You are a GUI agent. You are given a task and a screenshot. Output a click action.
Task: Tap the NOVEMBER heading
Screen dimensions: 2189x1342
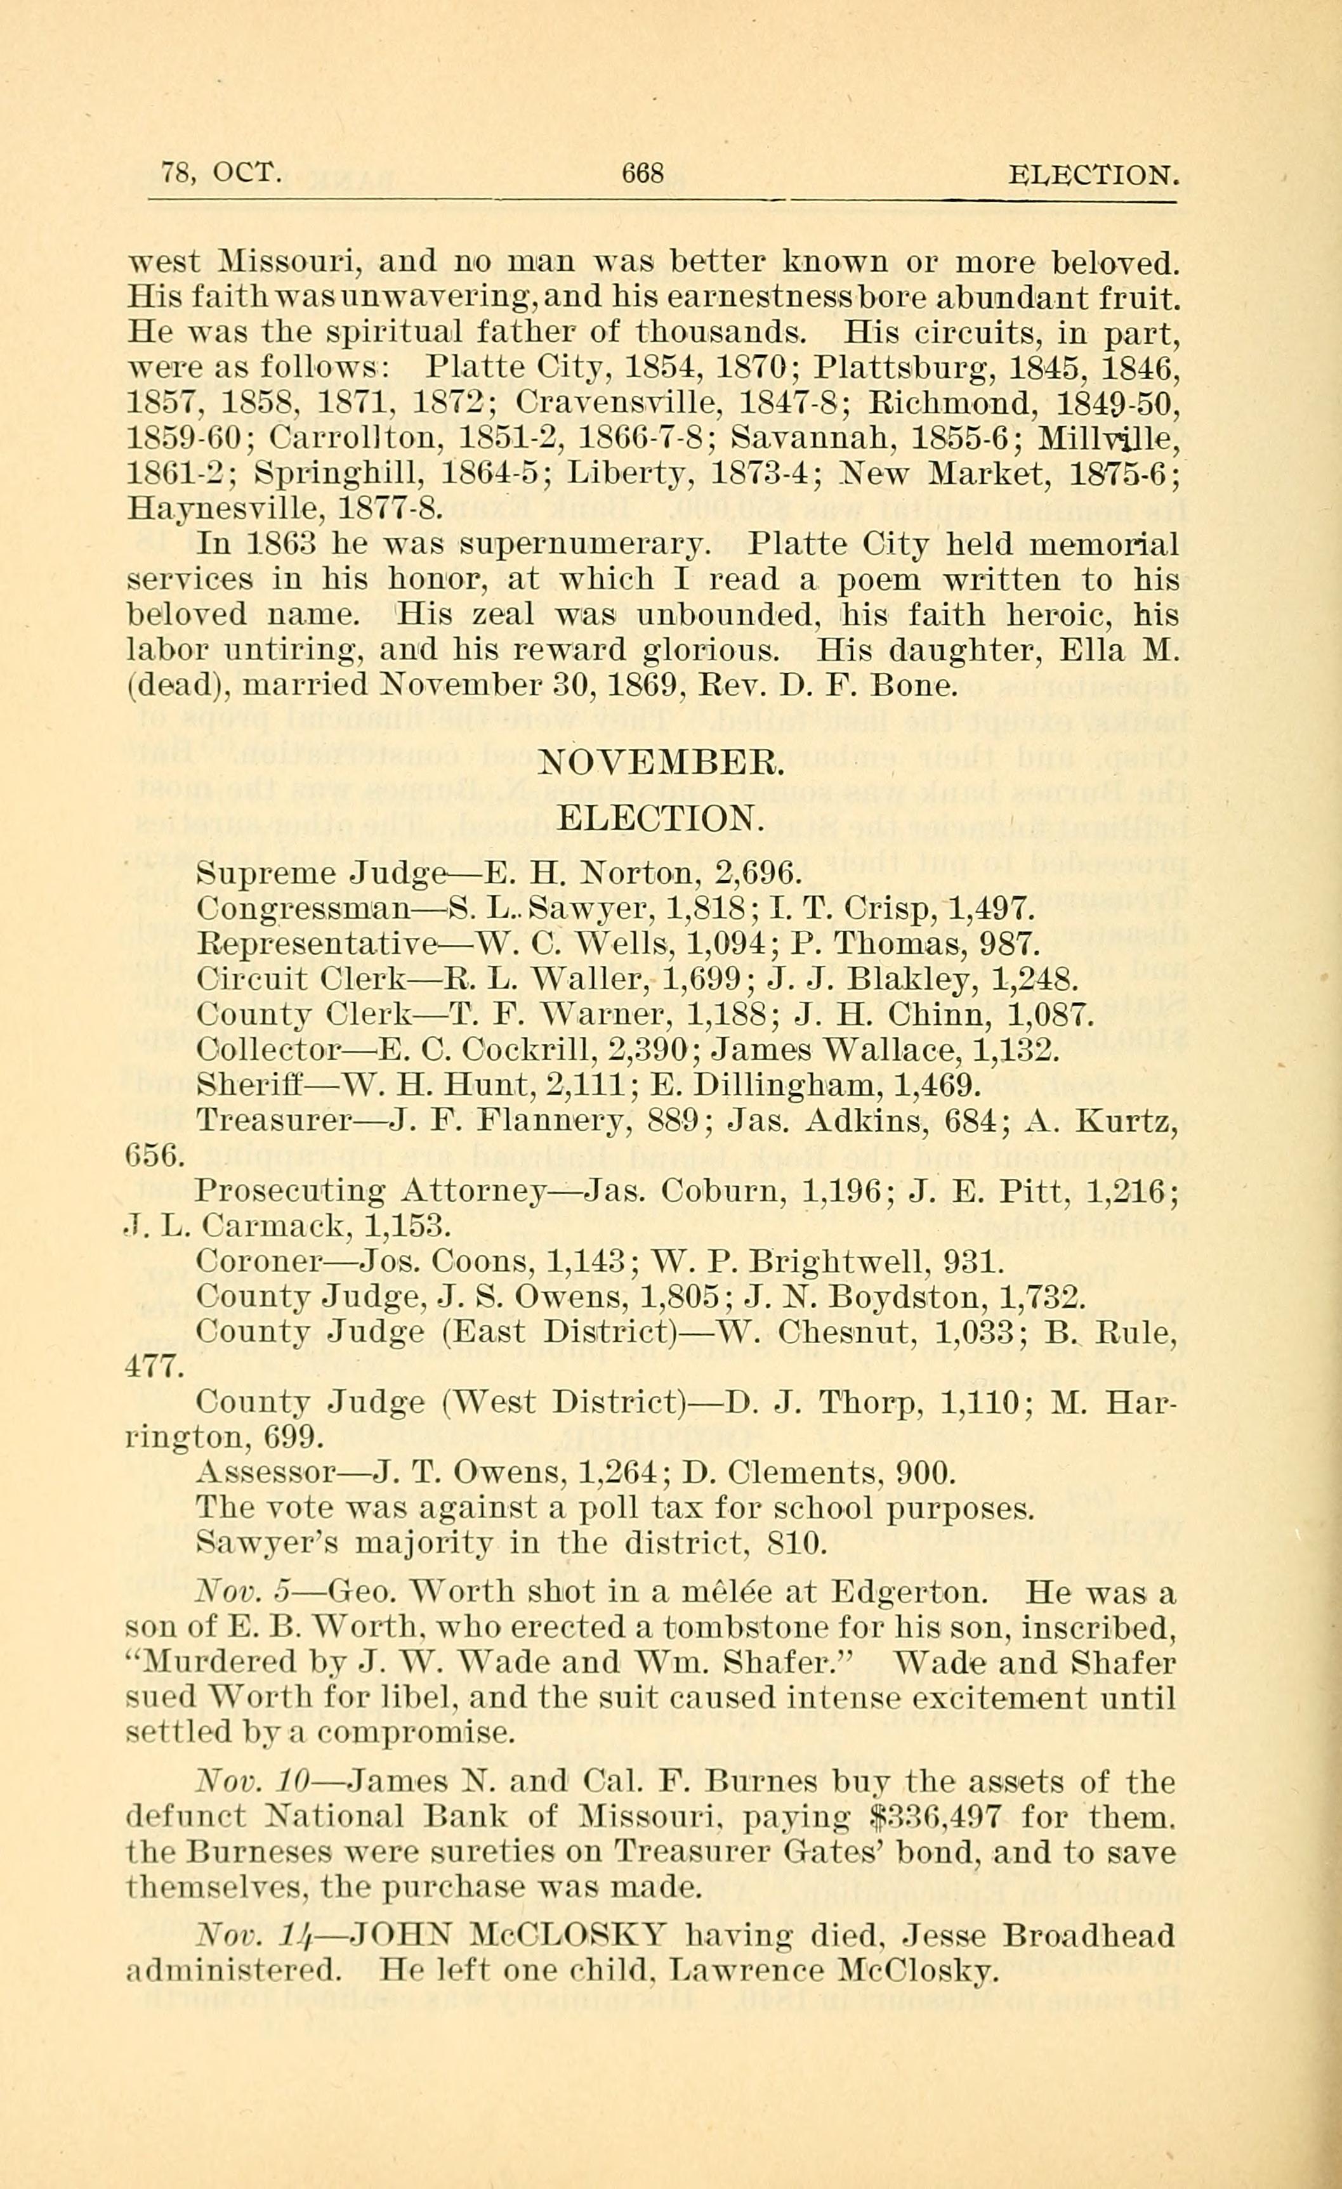662,762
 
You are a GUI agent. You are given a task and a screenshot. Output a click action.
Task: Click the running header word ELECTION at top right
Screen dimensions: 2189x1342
1094,174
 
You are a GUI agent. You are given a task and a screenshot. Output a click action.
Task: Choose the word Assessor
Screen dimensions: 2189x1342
264,1473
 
